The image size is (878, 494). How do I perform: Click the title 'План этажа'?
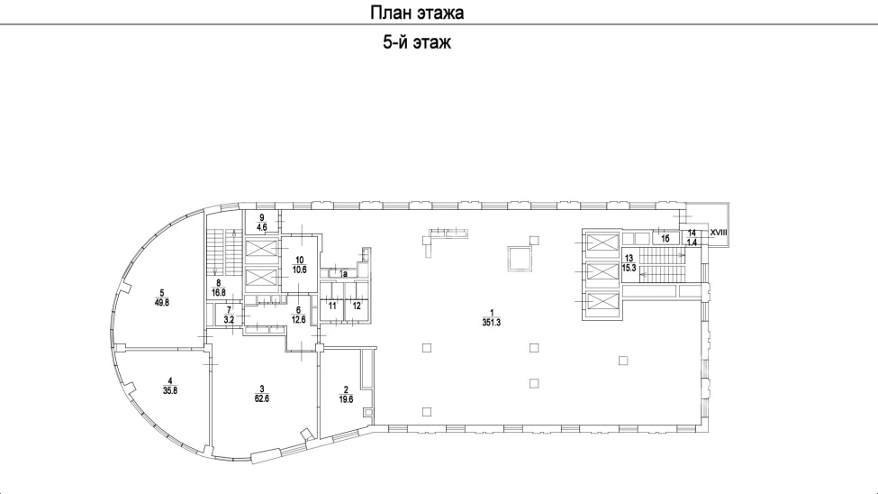[417, 13]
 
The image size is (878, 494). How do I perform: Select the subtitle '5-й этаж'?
[417, 42]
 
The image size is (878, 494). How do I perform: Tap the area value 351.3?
[491, 323]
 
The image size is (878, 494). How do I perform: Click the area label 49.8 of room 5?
[162, 302]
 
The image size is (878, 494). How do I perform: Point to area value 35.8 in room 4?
[170, 391]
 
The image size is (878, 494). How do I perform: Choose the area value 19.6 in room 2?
[346, 400]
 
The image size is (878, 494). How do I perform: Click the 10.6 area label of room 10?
[300, 270]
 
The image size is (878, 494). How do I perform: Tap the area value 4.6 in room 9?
[261, 227]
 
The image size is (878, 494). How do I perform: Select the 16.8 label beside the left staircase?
[219, 292]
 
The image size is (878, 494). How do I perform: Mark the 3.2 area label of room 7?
[229, 319]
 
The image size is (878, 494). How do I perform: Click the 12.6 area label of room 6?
[298, 320]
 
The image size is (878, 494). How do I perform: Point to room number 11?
[332, 306]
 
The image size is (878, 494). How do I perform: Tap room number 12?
[357, 306]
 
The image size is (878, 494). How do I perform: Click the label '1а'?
[344, 274]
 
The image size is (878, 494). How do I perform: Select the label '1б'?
[665, 239]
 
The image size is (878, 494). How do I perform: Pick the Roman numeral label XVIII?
[719, 233]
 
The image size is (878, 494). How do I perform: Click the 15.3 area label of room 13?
[629, 268]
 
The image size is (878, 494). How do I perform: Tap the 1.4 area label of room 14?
[692, 242]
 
